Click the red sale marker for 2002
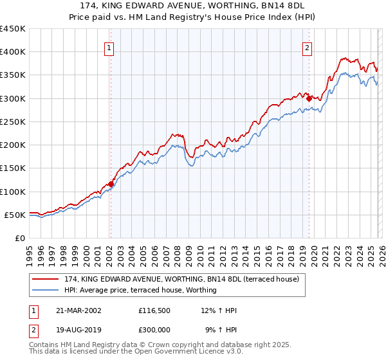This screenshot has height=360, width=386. pos(111,184)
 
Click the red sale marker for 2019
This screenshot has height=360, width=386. pos(309,98)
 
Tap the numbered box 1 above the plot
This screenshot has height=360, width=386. pos(109,48)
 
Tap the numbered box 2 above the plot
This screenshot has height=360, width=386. pos(308,48)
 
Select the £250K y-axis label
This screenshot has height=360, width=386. pos(13,122)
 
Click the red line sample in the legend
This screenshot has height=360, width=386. pos(46,279)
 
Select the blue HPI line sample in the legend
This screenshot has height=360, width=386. pos(46,290)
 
